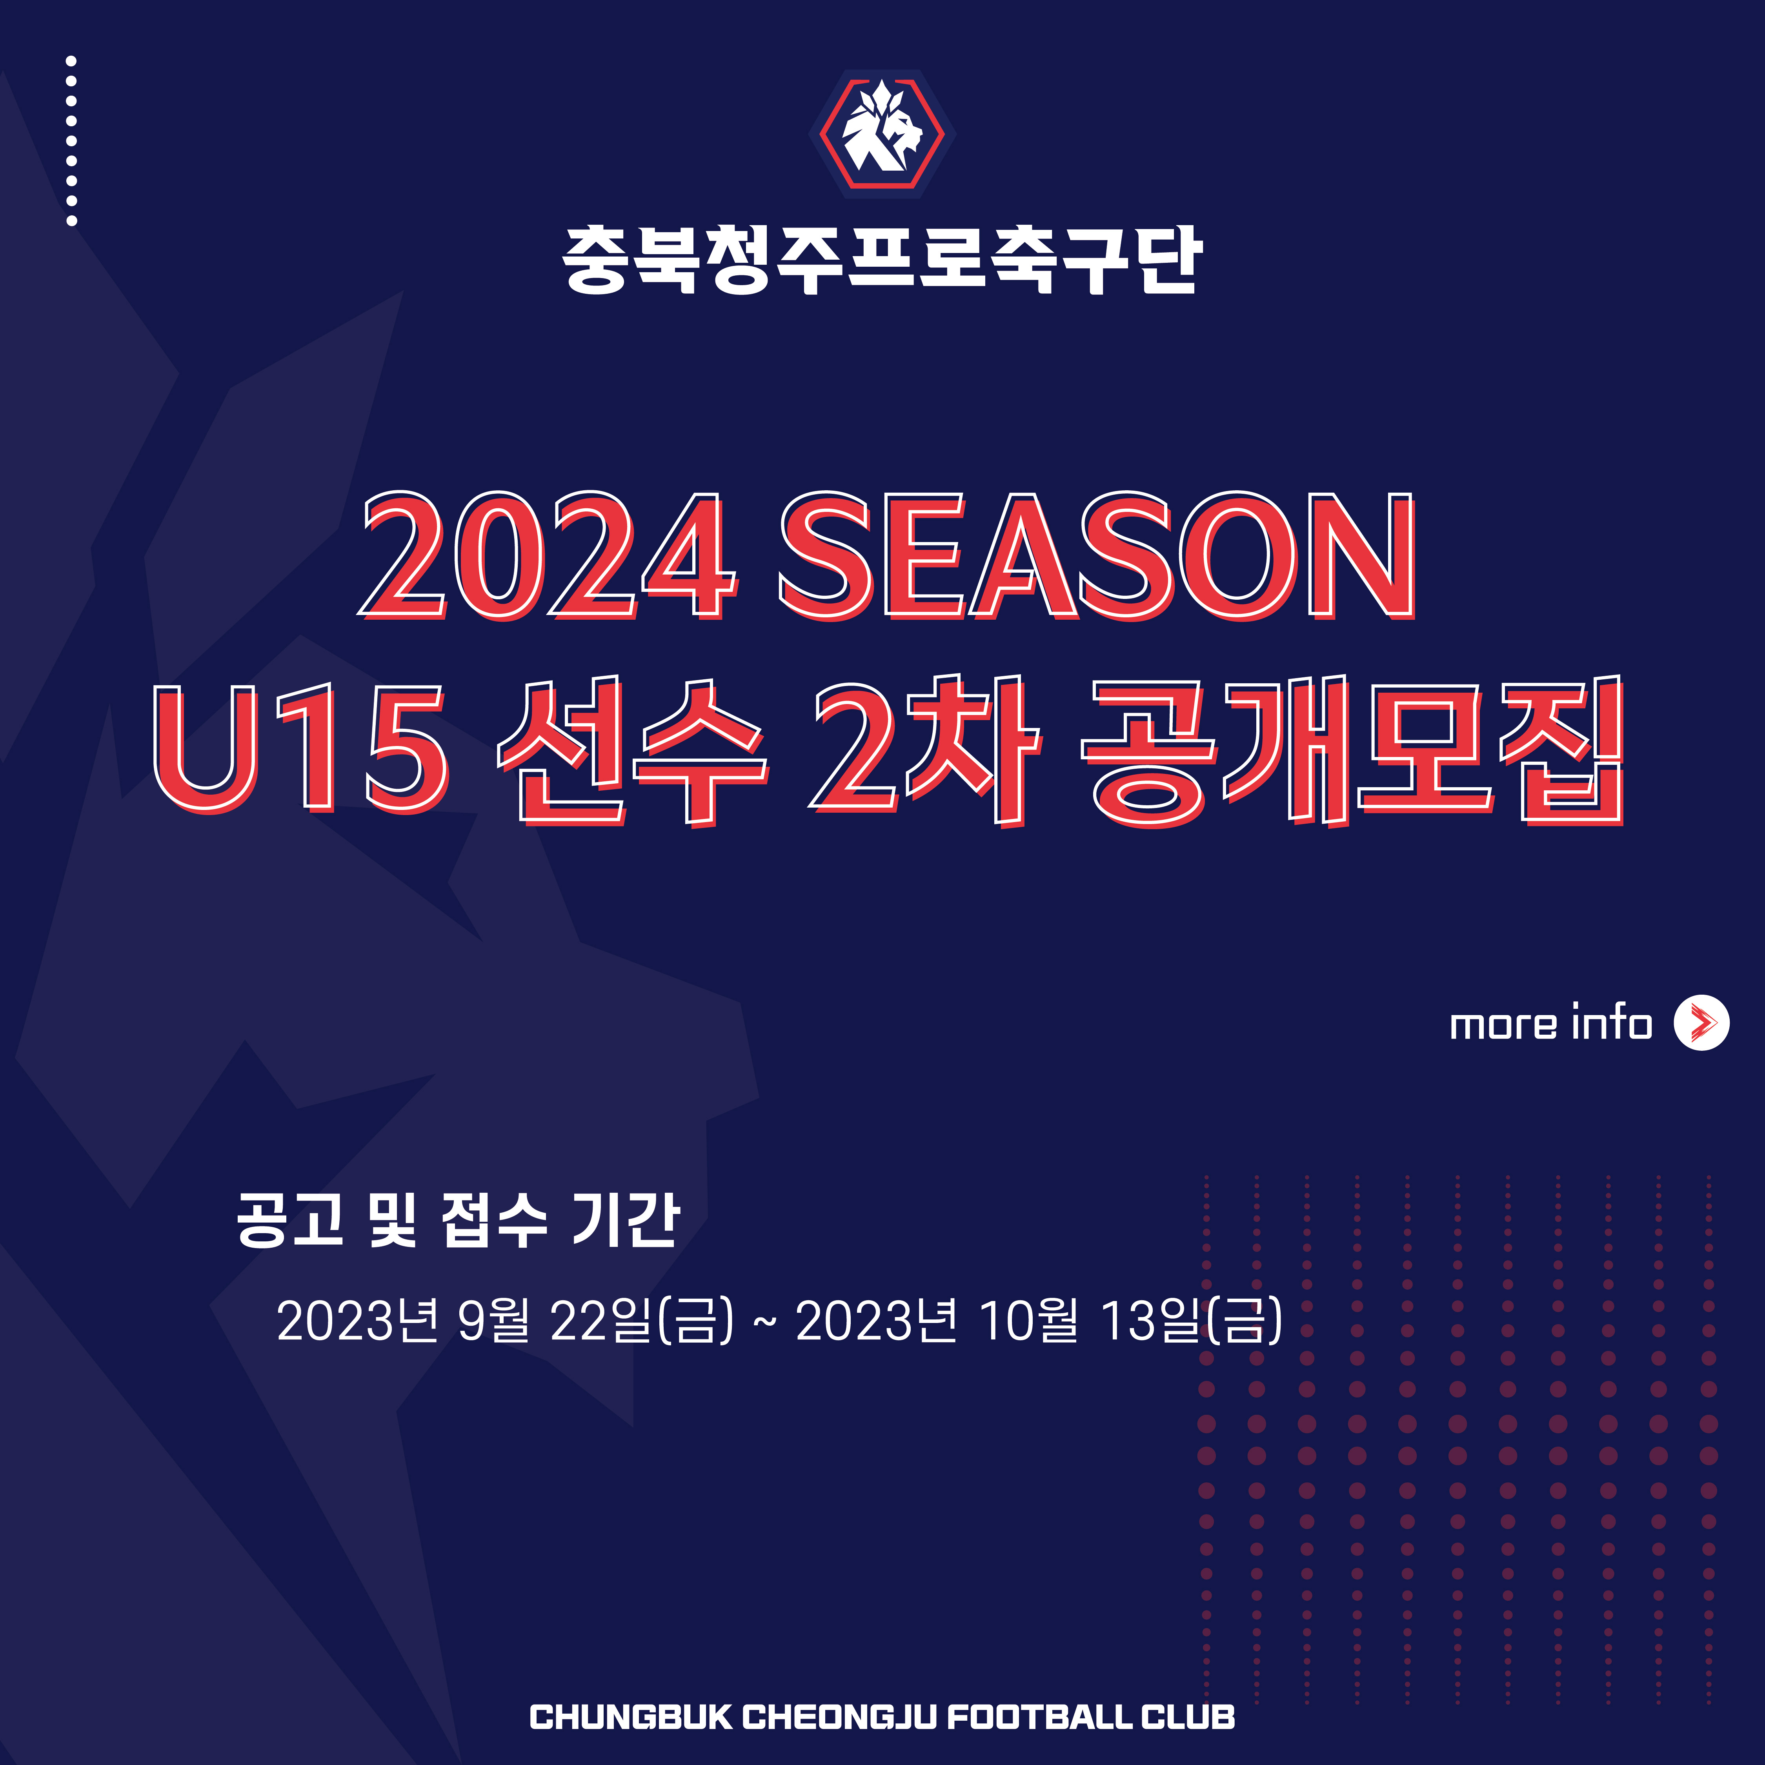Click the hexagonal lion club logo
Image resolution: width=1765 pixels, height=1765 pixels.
pos(882,133)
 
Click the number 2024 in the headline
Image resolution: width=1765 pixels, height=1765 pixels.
pos(546,556)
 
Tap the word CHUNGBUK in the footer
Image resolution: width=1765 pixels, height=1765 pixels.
pos(630,1718)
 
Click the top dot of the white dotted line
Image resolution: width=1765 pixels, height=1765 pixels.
pos(71,61)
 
